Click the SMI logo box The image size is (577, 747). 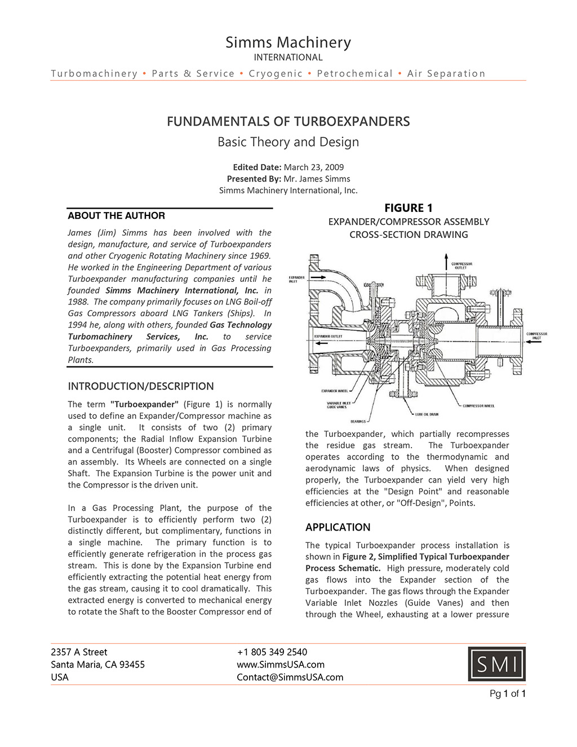[x=496, y=664]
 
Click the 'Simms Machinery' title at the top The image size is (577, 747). [x=288, y=42]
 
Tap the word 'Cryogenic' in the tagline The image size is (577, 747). [x=276, y=73]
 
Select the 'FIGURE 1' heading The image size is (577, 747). [x=409, y=208]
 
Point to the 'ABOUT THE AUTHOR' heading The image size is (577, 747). [x=117, y=215]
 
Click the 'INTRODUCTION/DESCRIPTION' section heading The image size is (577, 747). [x=141, y=386]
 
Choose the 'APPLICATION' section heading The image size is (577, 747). [x=338, y=527]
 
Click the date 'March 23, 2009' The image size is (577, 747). [x=314, y=167]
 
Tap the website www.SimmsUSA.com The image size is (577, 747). [x=281, y=664]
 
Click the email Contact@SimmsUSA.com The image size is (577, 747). [x=290, y=677]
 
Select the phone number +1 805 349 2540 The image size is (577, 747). [x=272, y=652]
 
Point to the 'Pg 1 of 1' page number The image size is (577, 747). [x=508, y=693]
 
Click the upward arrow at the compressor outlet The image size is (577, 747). [x=446, y=260]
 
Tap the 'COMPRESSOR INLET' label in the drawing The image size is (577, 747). [x=536, y=335]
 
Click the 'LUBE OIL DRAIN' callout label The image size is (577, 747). [x=427, y=414]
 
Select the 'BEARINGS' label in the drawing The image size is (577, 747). [x=358, y=421]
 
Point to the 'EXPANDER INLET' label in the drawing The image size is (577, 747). [x=297, y=279]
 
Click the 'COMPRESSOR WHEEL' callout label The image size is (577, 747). [x=478, y=406]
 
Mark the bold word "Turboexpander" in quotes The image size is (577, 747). [x=144, y=404]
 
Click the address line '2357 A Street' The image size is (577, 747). [x=79, y=652]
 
